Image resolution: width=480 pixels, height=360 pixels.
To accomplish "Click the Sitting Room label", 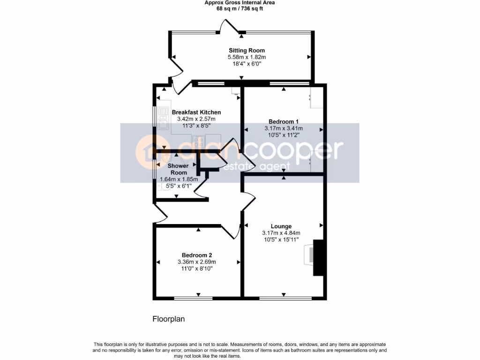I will click(247, 50).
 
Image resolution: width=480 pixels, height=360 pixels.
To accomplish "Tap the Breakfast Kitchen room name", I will click(196, 112).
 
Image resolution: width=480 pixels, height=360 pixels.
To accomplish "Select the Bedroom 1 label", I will click(284, 121).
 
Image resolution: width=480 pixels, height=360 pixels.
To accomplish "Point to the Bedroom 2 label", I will click(197, 255).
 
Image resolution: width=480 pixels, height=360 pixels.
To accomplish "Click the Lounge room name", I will click(281, 226).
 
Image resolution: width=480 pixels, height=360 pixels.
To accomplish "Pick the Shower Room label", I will click(179, 169).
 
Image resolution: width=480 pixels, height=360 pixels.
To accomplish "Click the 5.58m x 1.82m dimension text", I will click(247, 57).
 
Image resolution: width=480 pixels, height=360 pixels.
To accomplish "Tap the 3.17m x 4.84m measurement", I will click(281, 233).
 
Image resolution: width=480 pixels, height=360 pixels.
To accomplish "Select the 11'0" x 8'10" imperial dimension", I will click(197, 269).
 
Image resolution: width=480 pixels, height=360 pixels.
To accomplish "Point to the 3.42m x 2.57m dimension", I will click(196, 120).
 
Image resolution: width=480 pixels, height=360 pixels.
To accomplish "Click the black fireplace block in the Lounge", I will click(318, 258).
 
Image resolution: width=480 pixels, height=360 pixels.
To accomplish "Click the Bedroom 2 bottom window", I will click(193, 298).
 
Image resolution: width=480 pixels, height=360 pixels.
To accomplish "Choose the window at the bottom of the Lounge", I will click(285, 298).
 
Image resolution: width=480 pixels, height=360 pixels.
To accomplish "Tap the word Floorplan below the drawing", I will click(169, 319).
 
